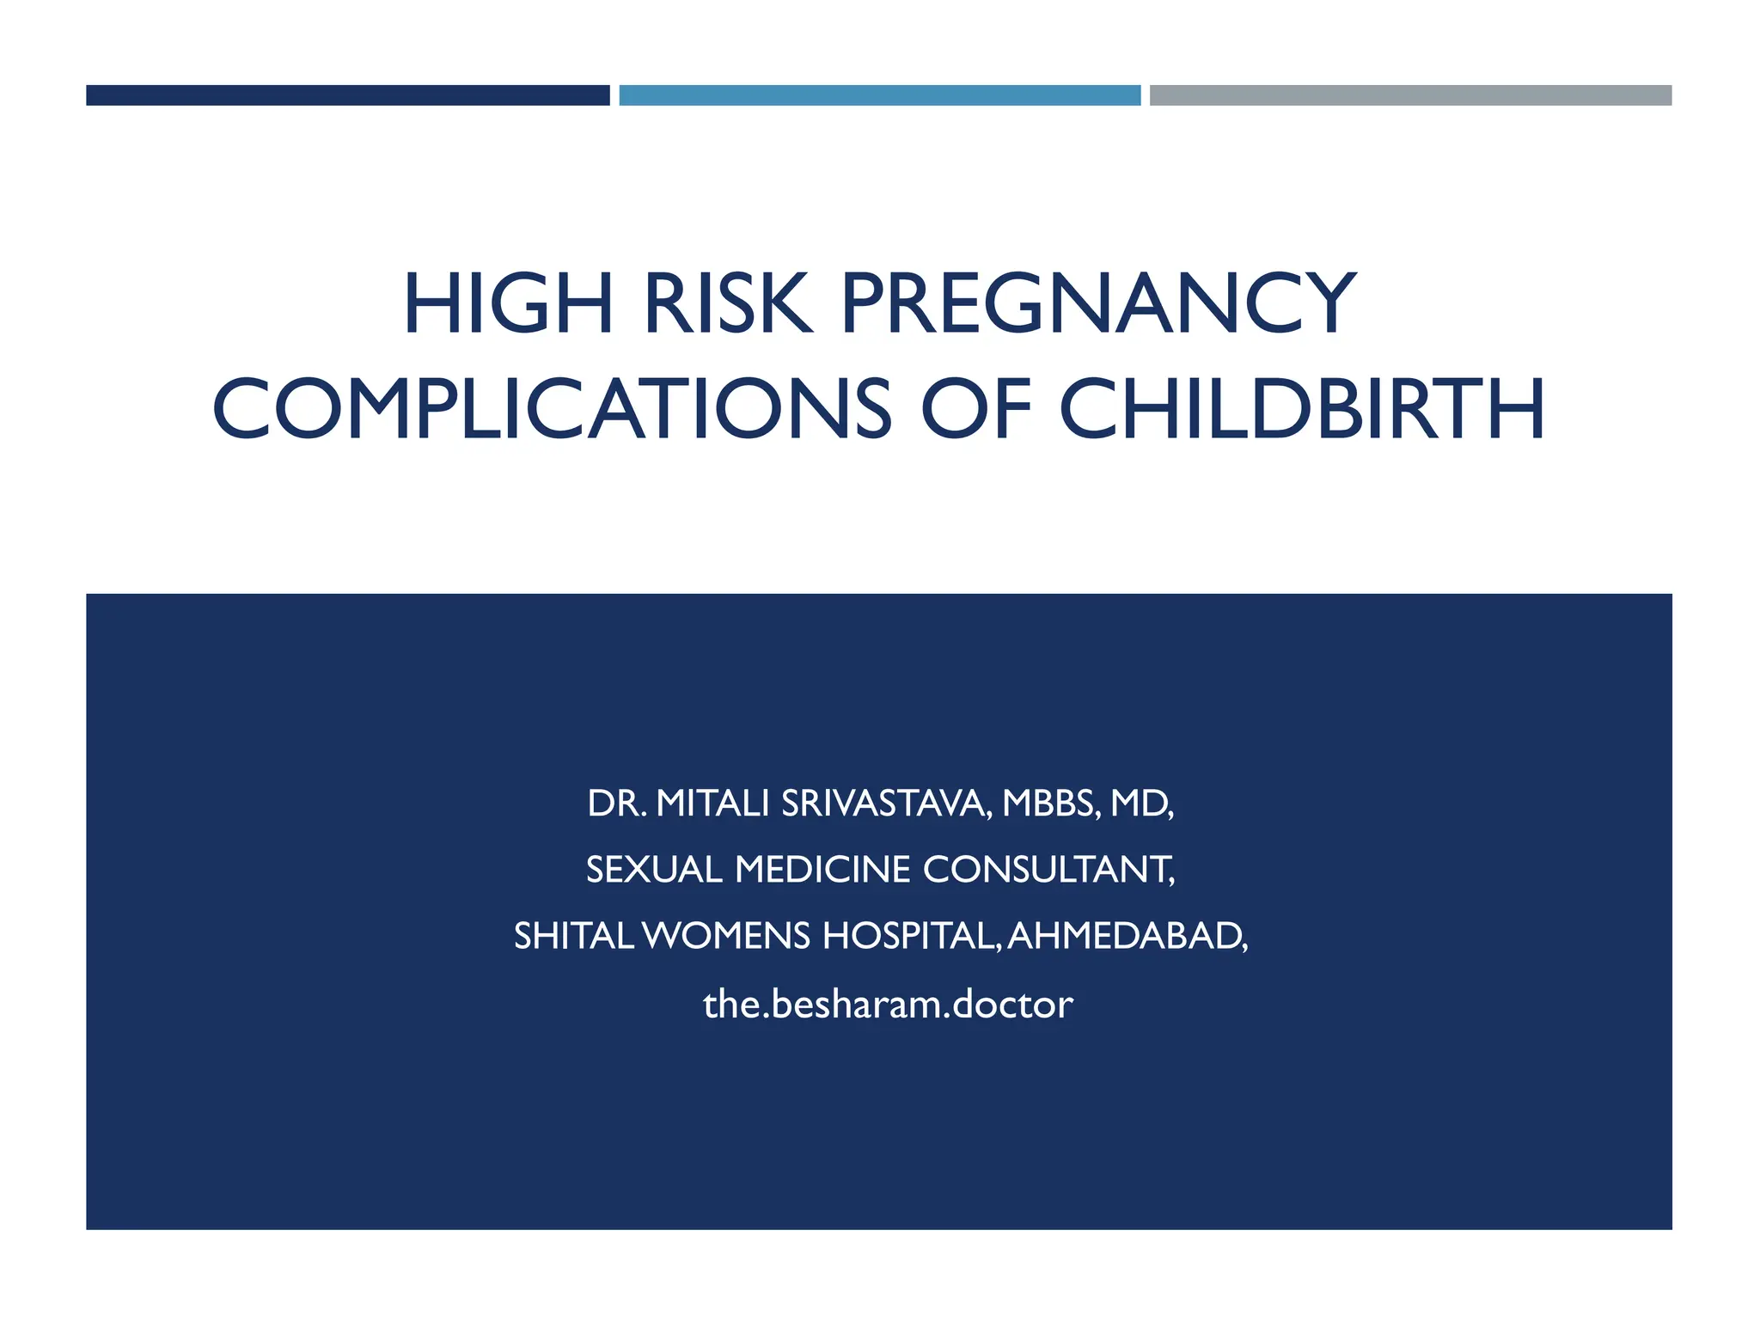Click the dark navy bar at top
[347, 95]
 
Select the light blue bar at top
[879, 95]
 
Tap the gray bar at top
[1410, 95]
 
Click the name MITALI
[712, 804]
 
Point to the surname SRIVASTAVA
[886, 804]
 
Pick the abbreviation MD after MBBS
[1140, 804]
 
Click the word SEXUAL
[653, 871]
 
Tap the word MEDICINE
[822, 871]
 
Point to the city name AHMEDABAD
[1125, 937]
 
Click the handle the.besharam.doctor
[888, 1005]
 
